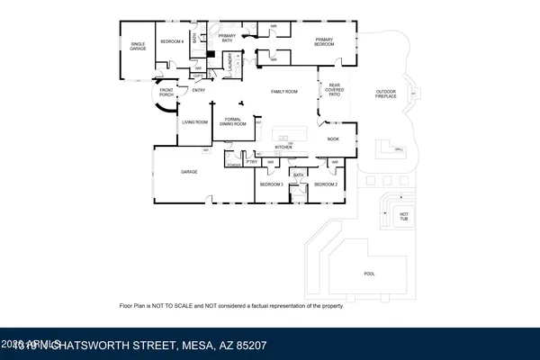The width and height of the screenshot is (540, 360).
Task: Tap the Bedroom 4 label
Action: pyautogui.click(x=172, y=41)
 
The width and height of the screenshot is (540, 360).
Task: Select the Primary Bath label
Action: pyautogui.click(x=227, y=38)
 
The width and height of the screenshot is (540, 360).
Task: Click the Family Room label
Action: pyautogui.click(x=285, y=91)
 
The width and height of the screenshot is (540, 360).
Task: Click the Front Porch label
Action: pyautogui.click(x=166, y=93)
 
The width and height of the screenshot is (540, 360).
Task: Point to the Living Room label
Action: pyautogui.click(x=195, y=121)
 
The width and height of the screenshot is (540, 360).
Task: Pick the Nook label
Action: pyautogui.click(x=333, y=139)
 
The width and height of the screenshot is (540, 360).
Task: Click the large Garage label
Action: pyautogui.click(x=189, y=171)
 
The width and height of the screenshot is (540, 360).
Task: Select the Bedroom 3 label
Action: pyautogui.click(x=271, y=184)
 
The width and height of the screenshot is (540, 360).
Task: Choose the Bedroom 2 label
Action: pyautogui.click(x=325, y=184)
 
